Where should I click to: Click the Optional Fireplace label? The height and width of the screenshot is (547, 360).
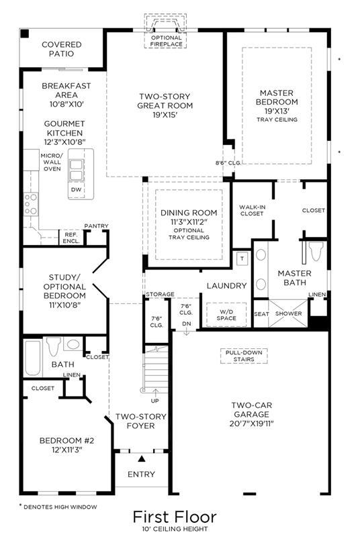click(167, 41)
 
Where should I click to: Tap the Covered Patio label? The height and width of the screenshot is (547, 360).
click(61, 49)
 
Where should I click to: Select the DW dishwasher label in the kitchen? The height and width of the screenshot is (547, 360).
click(76, 189)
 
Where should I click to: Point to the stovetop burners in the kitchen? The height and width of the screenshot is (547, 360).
click(31, 204)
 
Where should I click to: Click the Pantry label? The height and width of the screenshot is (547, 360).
click(96, 226)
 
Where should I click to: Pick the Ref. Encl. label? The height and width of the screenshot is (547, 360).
click(71, 238)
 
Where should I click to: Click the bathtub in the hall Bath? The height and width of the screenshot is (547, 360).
click(33, 358)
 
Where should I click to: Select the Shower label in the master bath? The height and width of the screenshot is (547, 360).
click(288, 313)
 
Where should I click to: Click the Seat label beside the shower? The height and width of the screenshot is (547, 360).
click(261, 314)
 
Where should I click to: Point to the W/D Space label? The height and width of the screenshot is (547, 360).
click(226, 315)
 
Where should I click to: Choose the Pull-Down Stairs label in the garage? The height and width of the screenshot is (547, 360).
click(244, 356)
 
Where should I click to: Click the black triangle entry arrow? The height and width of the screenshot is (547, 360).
click(142, 458)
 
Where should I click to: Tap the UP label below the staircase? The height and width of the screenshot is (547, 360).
click(155, 401)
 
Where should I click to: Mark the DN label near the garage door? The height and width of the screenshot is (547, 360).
click(187, 324)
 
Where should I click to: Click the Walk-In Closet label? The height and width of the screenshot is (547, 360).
click(252, 210)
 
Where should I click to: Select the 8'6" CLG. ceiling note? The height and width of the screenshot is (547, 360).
click(228, 163)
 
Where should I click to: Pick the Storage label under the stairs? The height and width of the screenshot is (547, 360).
click(160, 295)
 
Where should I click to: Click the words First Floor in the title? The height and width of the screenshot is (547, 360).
click(175, 517)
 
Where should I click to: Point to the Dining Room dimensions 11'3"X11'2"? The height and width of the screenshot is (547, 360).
click(189, 222)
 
